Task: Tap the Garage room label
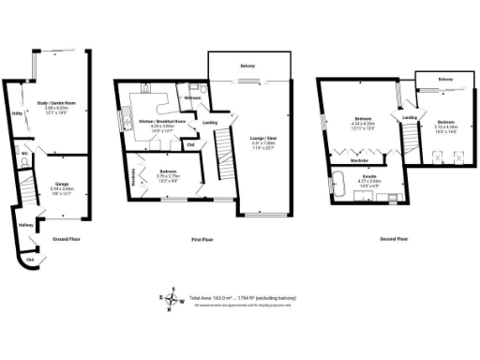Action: (61, 186)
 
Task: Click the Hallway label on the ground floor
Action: (25, 225)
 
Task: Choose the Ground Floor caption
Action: (65, 240)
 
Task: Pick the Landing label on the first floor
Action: (211, 122)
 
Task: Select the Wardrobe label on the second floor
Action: (359, 160)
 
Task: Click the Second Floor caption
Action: (395, 239)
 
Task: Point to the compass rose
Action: (171, 298)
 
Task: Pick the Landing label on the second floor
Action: (410, 117)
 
